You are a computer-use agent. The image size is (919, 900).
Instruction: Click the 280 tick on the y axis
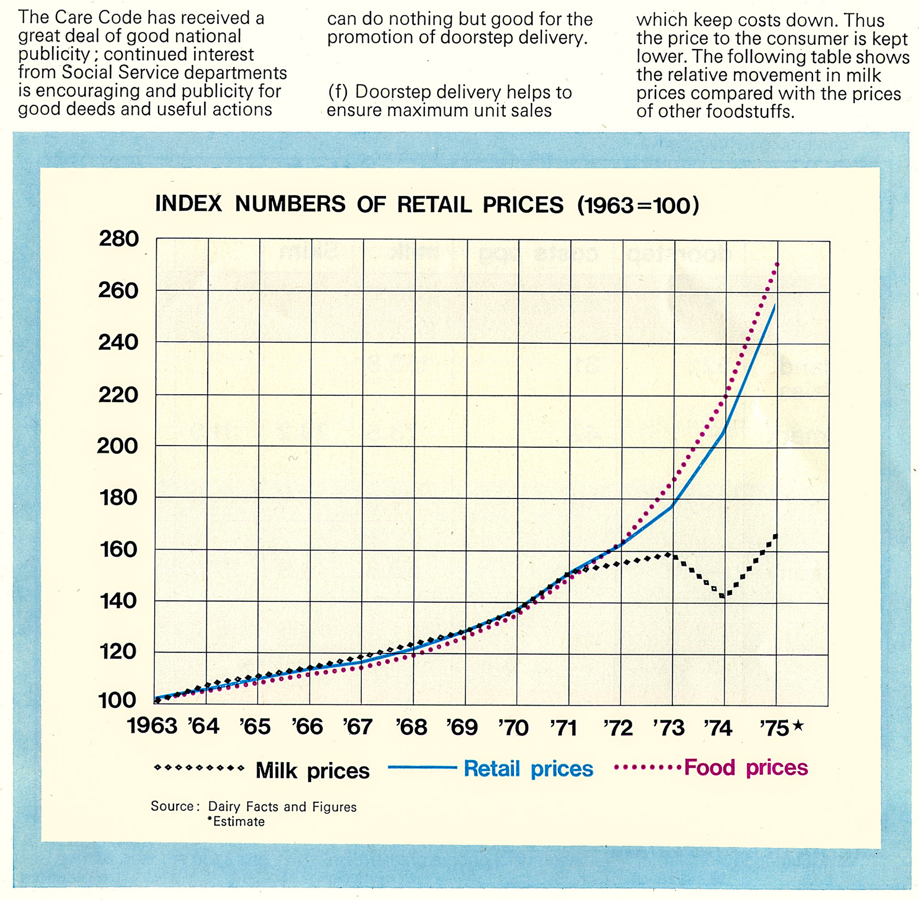pyautogui.click(x=119, y=238)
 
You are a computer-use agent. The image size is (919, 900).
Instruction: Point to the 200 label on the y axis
pyautogui.click(x=117, y=446)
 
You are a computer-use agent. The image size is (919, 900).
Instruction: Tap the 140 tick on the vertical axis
pyautogui.click(x=118, y=600)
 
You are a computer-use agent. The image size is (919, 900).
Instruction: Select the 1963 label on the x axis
pyautogui.click(x=152, y=726)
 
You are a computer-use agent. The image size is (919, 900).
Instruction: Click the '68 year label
pyautogui.click(x=411, y=727)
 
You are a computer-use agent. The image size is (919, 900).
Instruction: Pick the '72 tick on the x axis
pyautogui.click(x=618, y=728)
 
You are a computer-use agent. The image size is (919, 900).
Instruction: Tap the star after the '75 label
pyautogui.click(x=797, y=726)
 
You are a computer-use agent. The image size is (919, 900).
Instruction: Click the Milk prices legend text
pyautogui.click(x=313, y=771)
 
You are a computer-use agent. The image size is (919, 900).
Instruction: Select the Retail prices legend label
pyautogui.click(x=528, y=769)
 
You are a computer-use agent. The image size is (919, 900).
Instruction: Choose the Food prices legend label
pyautogui.click(x=746, y=767)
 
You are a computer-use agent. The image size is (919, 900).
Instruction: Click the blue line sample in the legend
pyautogui.click(x=422, y=767)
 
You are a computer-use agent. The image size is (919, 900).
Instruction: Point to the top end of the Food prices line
pyautogui.click(x=777, y=264)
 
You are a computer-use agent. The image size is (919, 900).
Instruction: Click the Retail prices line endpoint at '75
pyautogui.click(x=774, y=304)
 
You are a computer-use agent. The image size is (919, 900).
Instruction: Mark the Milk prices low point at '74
pyautogui.click(x=723, y=595)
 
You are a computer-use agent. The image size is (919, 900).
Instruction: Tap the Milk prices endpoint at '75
pyautogui.click(x=775, y=536)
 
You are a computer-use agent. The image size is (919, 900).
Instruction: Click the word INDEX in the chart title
pyautogui.click(x=189, y=204)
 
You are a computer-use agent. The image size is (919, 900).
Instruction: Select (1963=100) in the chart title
pyautogui.click(x=638, y=205)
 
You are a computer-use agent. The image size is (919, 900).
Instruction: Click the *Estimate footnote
pyautogui.click(x=235, y=822)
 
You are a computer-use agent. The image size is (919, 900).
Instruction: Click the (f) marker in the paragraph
pyautogui.click(x=338, y=92)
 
